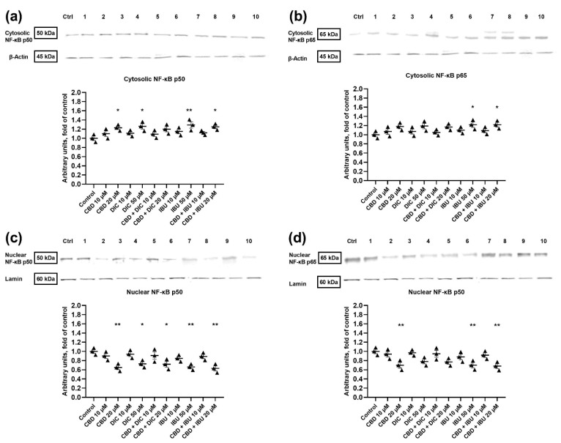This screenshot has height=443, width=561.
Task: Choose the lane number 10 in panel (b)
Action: coord(540,17)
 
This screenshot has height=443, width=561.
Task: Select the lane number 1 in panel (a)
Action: coord(85,16)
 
